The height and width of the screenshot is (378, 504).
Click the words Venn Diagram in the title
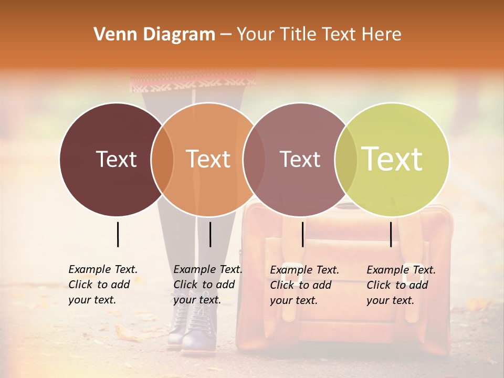click(154, 35)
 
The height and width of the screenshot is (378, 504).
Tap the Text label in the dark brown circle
click(116, 159)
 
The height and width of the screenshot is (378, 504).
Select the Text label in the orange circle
click(208, 159)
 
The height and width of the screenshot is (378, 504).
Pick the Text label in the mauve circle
click(300, 159)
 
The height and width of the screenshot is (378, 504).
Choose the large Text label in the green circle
click(392, 159)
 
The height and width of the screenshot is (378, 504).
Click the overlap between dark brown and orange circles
click(162, 159)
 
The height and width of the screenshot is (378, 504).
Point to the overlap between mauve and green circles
click(346, 159)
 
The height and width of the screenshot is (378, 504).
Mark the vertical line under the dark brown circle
click(118, 234)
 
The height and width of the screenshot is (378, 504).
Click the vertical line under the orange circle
click(210, 234)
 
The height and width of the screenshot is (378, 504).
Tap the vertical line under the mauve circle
click(302, 234)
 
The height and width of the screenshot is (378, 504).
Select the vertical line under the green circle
click(391, 234)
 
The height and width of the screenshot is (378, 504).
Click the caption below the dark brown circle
click(103, 285)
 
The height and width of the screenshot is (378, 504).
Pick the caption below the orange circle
click(208, 285)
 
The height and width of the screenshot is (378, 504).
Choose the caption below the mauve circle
click(304, 285)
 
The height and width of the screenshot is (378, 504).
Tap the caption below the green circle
click(401, 285)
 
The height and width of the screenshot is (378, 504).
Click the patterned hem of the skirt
click(193, 82)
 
